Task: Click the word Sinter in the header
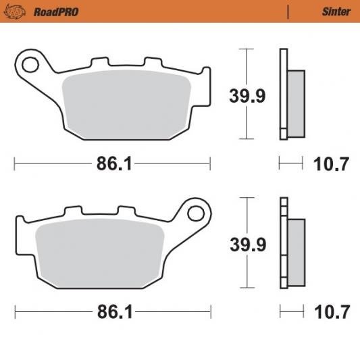336,11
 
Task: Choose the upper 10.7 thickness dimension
332,163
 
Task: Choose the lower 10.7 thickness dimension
332,313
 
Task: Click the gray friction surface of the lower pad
101,251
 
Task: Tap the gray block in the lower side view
295,249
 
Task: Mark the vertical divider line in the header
288,11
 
